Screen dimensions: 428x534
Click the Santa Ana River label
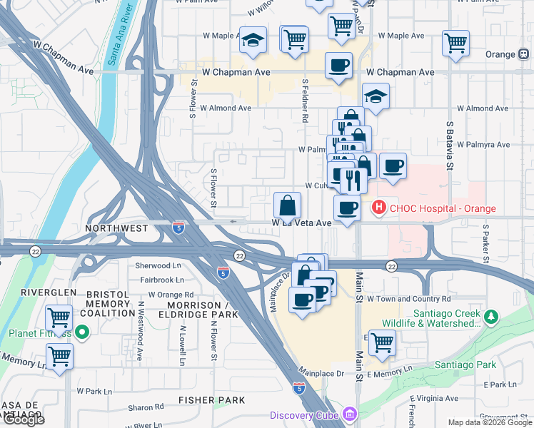[x=120, y=34]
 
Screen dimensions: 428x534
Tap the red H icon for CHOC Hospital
[x=378, y=208]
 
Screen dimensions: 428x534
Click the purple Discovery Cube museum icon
[x=349, y=414]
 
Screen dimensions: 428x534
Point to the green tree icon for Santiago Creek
[x=490, y=316]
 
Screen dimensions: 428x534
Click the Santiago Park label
[x=465, y=365]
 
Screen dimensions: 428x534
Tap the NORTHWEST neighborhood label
[x=116, y=228]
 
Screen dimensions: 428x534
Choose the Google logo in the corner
[x=23, y=419]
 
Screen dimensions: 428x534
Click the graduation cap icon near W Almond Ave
[x=376, y=96]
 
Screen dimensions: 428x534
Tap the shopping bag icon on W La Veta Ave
[x=287, y=206]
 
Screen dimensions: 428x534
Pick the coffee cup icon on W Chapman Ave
[x=338, y=66]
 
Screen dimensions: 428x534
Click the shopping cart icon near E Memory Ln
[x=382, y=342]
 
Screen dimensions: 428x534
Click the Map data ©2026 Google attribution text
[x=489, y=422]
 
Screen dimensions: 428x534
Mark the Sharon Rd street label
[x=146, y=407]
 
